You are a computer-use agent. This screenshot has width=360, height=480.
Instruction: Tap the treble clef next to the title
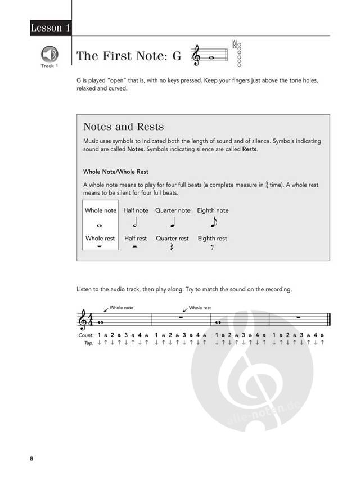[196, 55]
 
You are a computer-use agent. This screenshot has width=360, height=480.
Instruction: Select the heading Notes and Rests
[124, 127]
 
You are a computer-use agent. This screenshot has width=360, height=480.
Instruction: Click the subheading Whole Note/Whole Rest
[116, 171]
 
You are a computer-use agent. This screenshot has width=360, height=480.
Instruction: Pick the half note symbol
[136, 223]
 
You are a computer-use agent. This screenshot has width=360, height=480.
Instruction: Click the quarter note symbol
[173, 223]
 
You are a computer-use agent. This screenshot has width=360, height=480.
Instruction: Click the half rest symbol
[136, 247]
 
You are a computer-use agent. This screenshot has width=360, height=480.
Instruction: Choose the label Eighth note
[213, 210]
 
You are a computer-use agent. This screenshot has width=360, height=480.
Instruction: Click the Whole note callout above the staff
[121, 308]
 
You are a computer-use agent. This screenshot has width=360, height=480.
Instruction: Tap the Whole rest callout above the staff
[200, 308]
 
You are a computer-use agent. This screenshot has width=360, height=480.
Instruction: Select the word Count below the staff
[86, 335]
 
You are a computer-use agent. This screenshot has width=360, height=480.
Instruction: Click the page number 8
[32, 459]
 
